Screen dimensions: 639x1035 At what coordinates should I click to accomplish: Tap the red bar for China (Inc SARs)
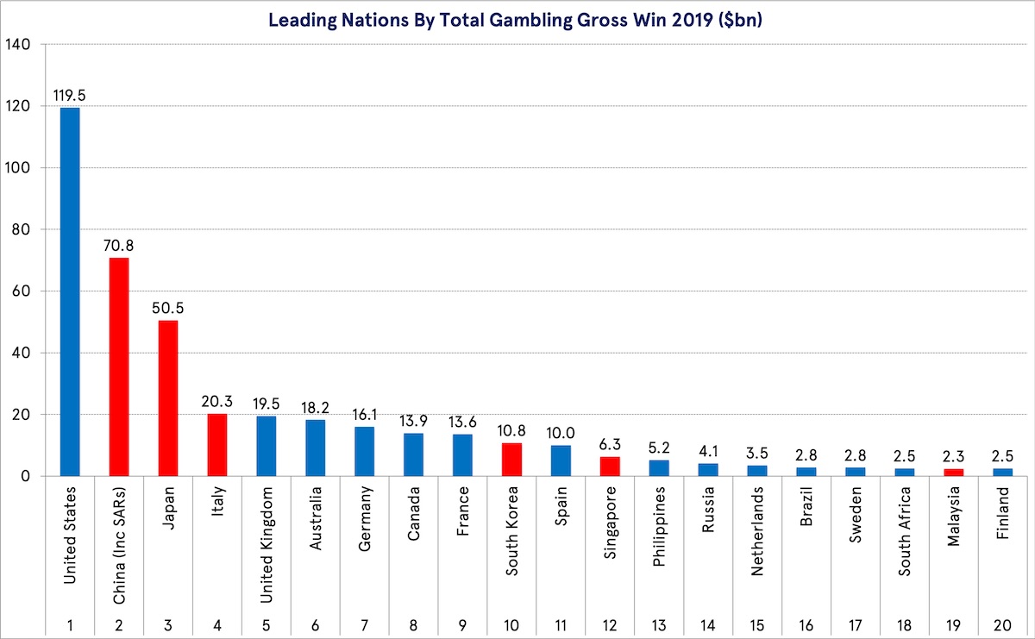[118, 366]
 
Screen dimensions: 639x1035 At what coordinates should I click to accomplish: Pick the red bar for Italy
[216, 444]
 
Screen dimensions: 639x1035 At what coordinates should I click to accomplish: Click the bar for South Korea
[511, 459]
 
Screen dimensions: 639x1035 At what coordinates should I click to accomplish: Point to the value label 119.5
[69, 95]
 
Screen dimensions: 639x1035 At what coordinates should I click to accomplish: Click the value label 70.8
[118, 245]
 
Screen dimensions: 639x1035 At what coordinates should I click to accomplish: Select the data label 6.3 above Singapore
[610, 444]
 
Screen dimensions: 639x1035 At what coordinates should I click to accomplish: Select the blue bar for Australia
[315, 447]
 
